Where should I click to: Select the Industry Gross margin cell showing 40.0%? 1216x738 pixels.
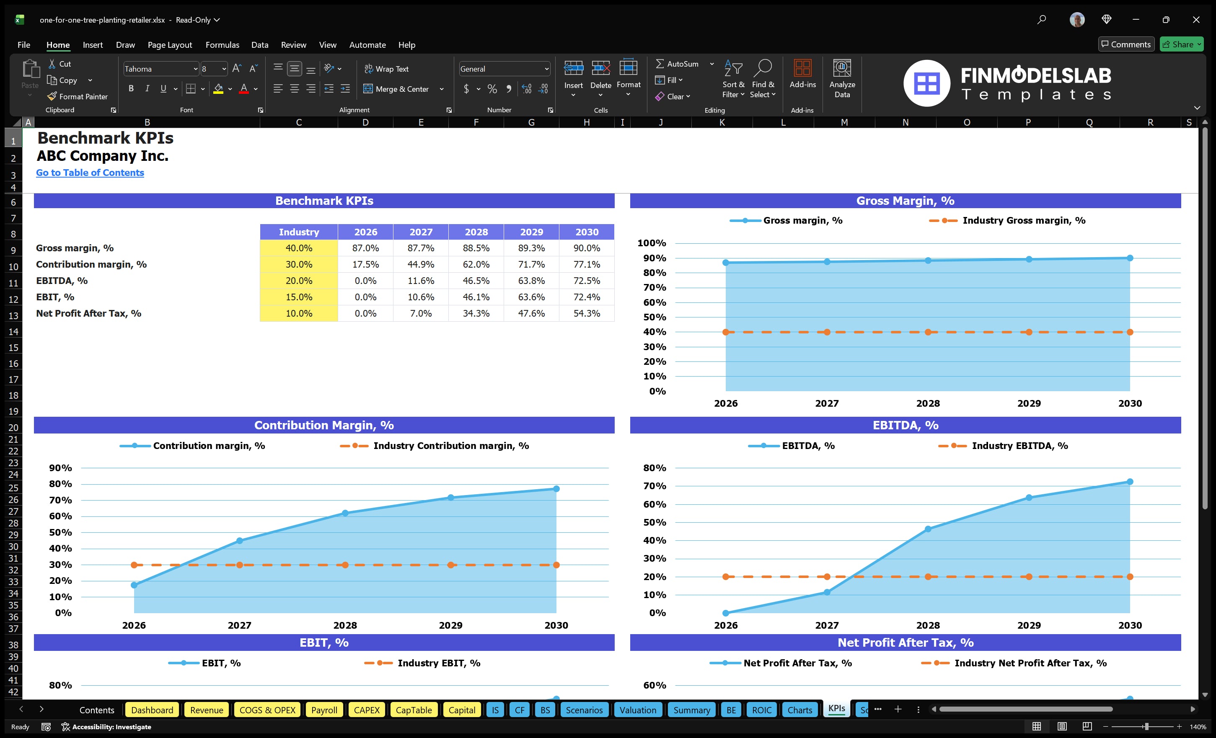tap(299, 248)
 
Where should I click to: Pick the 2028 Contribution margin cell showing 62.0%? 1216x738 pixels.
tap(476, 264)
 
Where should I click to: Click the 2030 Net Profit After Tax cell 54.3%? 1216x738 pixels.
tap(586, 313)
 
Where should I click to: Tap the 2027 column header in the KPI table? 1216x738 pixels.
tap(420, 232)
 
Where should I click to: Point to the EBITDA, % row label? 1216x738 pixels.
tap(62, 281)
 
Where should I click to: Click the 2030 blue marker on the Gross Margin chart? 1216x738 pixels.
tap(1130, 258)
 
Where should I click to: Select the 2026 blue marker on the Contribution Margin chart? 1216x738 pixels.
tap(134, 585)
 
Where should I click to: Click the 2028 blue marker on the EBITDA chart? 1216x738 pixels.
tap(928, 529)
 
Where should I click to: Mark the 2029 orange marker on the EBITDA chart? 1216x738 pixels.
tap(1029, 577)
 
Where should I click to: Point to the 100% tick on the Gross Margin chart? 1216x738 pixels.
tap(652, 243)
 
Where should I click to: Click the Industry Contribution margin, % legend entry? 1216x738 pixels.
tap(450, 446)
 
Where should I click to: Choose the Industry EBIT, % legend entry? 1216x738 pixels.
tap(438, 663)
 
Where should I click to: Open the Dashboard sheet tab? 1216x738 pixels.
tap(152, 710)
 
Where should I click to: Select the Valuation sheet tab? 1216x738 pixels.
tap(638, 710)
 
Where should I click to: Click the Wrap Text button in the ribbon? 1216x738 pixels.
tap(386, 69)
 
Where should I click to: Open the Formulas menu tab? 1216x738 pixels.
tap(222, 45)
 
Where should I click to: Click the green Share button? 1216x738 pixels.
tap(1180, 44)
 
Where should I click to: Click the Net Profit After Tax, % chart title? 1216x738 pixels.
tap(905, 643)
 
